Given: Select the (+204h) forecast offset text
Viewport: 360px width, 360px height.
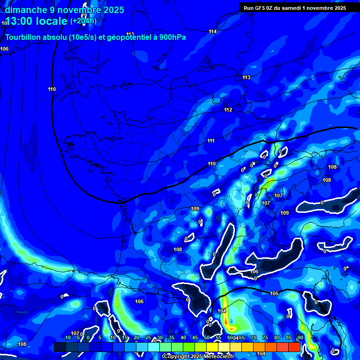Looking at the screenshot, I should (83, 21).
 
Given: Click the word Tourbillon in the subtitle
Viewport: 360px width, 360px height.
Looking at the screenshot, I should (22, 37).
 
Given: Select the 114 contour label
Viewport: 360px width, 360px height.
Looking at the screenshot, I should (213, 31).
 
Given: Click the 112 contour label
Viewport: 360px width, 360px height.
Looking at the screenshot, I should (228, 110).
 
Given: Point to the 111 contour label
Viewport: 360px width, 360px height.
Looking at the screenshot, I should (211, 141).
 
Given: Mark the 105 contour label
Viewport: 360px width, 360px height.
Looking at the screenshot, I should (274, 294).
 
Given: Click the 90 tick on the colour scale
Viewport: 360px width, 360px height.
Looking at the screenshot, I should (300, 338).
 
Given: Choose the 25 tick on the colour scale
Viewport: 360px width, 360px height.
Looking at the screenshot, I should (148, 338).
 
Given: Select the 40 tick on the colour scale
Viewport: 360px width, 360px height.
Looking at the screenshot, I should (183, 338).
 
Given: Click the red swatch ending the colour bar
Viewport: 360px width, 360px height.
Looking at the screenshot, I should (294, 347).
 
